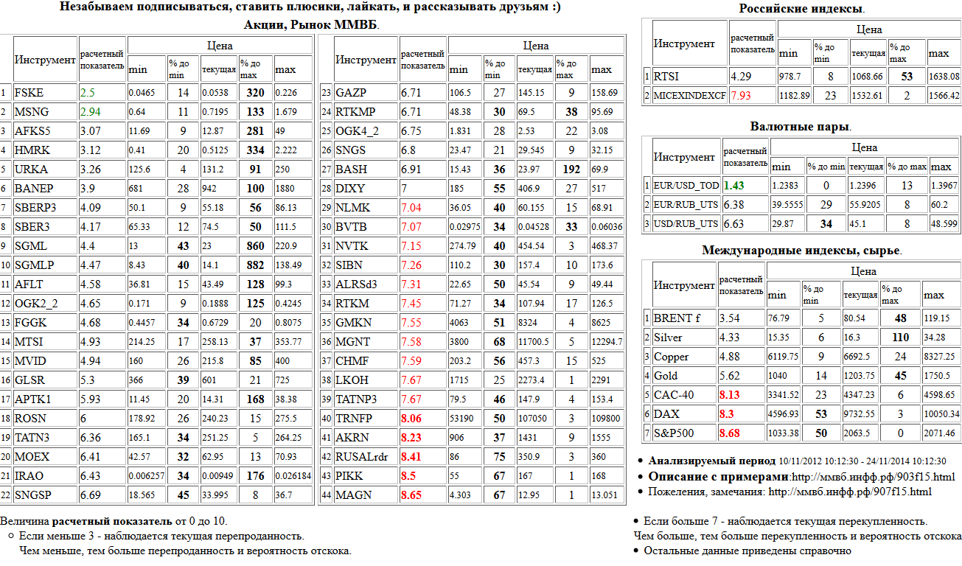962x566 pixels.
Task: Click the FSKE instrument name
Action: coord(29,93)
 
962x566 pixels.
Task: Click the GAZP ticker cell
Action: coord(351,93)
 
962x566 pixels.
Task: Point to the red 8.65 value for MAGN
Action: coord(411,495)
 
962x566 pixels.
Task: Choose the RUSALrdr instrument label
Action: coord(362,457)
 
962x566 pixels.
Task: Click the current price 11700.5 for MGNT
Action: coord(533,342)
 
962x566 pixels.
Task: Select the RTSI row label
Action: coord(666,76)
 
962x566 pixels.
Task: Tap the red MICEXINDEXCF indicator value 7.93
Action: coord(741,95)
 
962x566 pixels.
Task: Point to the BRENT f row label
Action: coord(672,318)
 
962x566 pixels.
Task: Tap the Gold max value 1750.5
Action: coord(937,376)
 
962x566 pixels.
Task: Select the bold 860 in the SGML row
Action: coord(256,246)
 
